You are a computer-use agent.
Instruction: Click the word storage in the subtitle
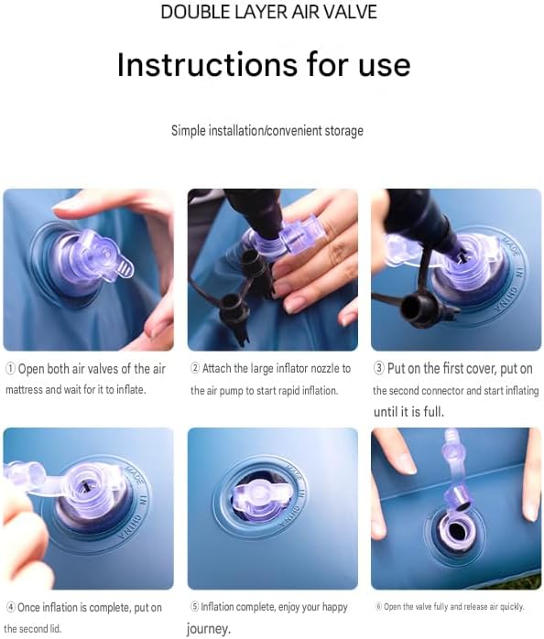[x=343, y=131]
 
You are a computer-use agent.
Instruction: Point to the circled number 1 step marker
[x=10, y=369]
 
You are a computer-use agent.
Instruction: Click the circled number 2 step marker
[x=195, y=368]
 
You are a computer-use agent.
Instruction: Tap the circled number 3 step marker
[x=378, y=368]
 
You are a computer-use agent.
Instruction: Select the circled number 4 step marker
[x=11, y=608]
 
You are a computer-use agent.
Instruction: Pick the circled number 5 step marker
[x=194, y=607]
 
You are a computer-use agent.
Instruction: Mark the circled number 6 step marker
[x=378, y=606]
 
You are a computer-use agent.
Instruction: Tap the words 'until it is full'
[x=408, y=412]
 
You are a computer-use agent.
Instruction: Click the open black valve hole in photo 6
[x=456, y=531]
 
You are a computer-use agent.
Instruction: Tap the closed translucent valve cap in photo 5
[x=262, y=499]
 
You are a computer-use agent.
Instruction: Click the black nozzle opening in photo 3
[x=411, y=308]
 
